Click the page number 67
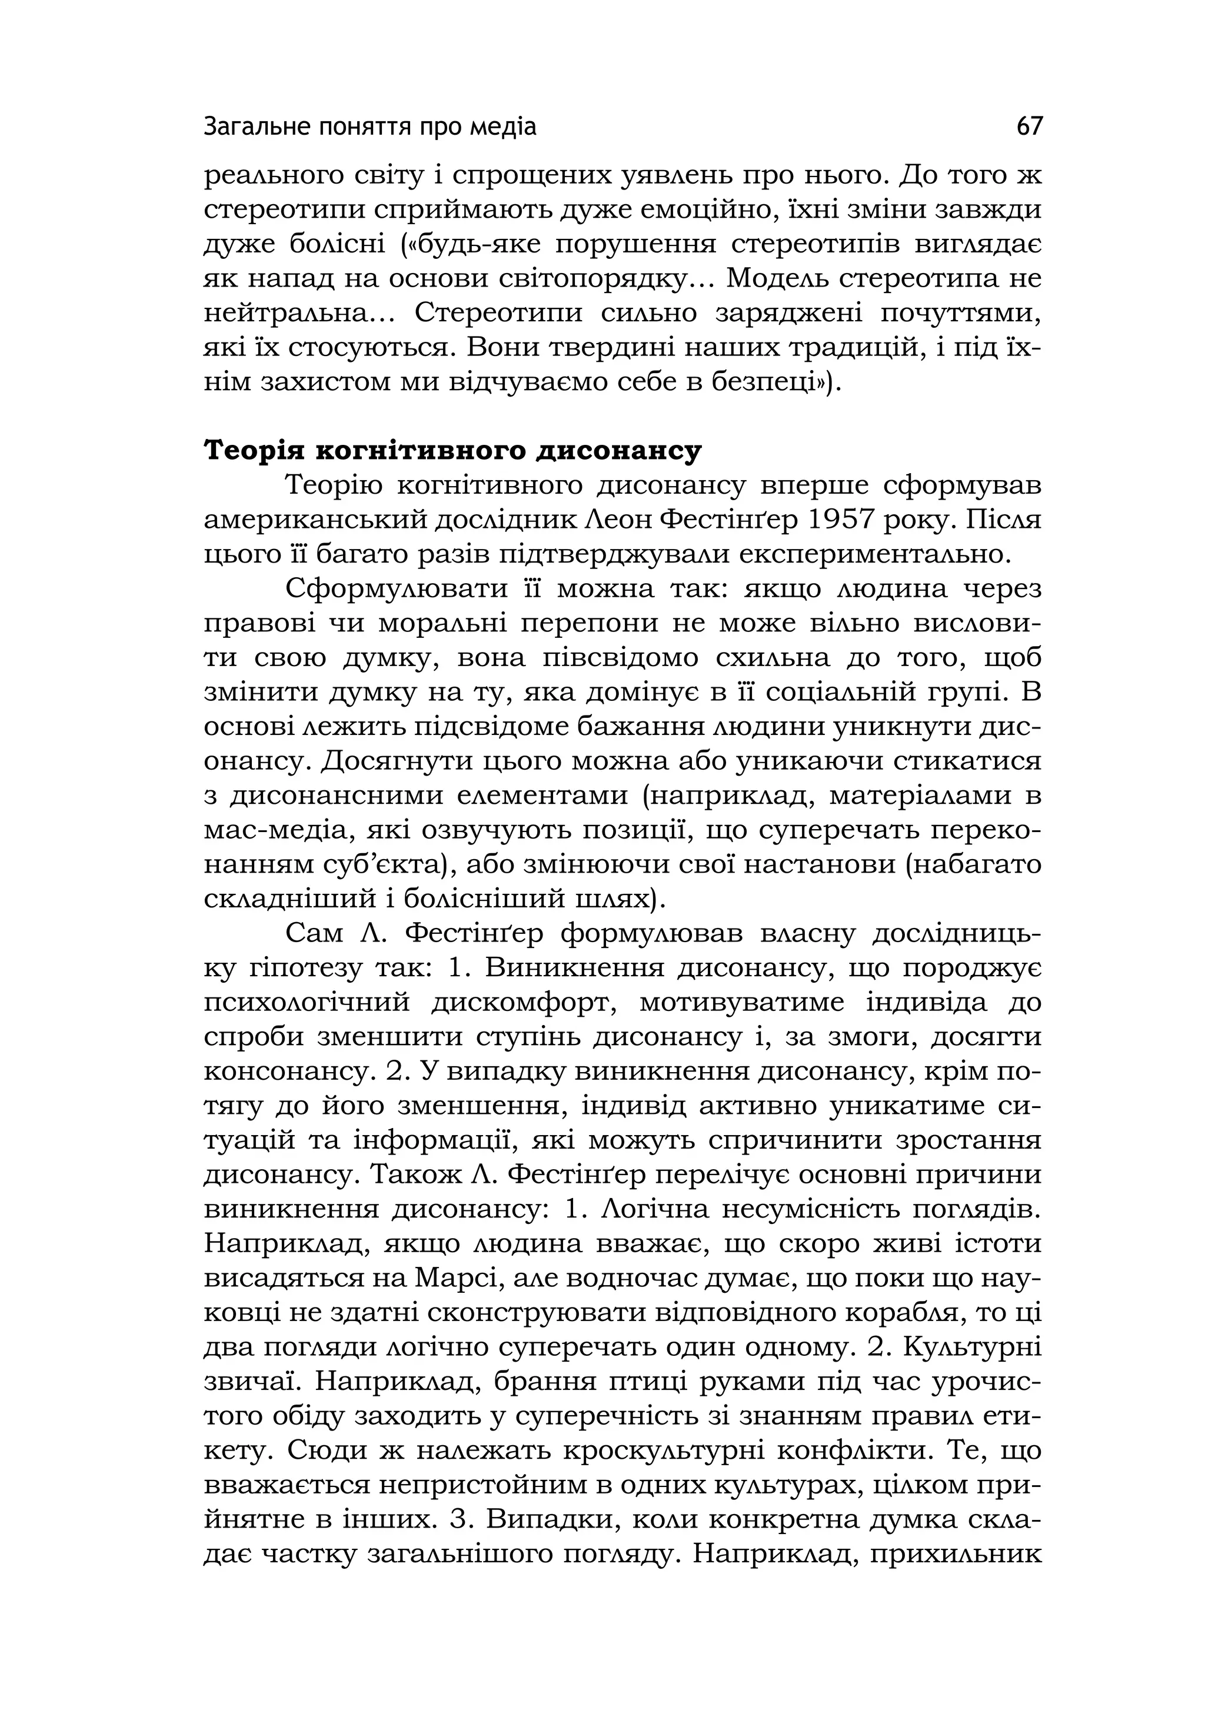click(x=1029, y=127)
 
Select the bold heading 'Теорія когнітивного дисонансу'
click(x=453, y=451)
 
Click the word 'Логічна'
click(x=647, y=1209)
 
